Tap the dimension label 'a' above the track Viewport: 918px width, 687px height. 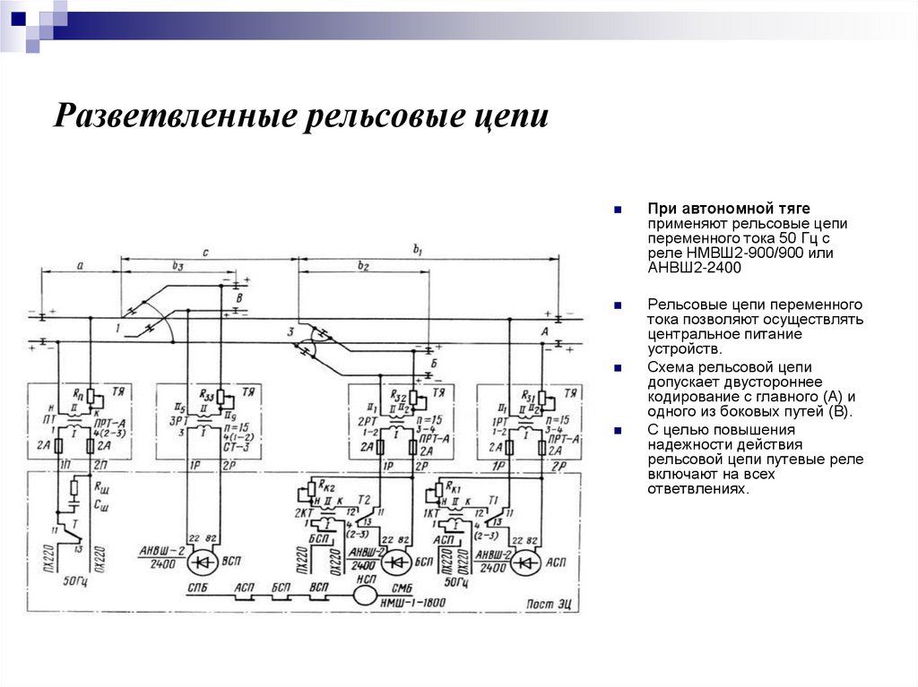pos(80,266)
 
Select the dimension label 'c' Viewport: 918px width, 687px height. pos(205,253)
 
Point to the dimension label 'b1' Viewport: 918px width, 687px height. pos(418,250)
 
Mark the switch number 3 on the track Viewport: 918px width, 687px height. pos(290,333)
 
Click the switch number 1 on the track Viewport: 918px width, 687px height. pos(117,329)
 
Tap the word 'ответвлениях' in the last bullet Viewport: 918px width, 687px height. pos(697,490)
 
